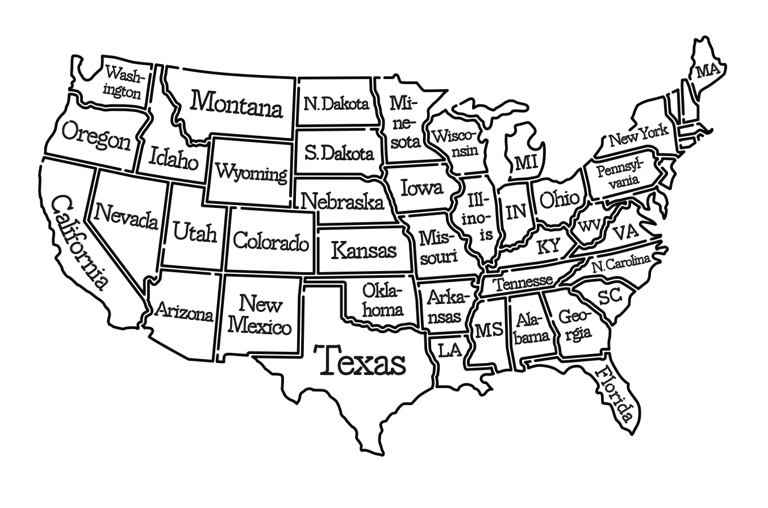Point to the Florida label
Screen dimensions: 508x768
613,394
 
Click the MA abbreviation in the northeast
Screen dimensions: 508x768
707,71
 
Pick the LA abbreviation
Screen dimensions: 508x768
449,350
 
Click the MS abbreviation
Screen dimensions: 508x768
488,330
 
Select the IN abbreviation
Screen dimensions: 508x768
516,211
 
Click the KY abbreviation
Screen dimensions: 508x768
548,246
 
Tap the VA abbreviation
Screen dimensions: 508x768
625,232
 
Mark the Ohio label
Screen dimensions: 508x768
559,199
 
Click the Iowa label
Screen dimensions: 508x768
421,187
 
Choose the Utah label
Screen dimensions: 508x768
195,232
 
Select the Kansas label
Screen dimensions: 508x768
364,249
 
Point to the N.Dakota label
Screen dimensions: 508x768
336,104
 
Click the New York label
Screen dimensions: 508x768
638,136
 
